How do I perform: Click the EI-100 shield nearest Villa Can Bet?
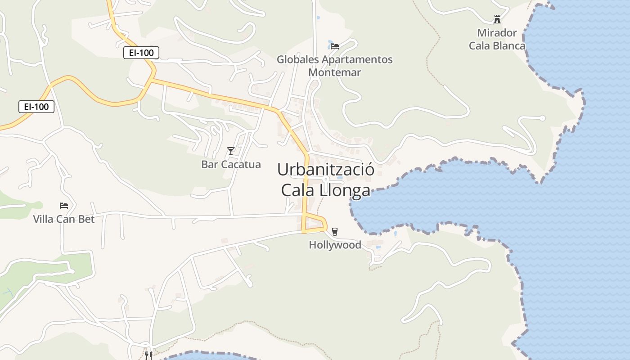[36, 107]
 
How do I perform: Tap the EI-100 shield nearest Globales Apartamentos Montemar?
[141, 53]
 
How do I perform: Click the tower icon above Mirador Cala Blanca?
[497, 19]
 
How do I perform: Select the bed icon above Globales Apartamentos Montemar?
[335, 46]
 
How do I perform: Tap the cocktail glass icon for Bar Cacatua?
[231, 151]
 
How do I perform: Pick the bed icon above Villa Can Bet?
[64, 206]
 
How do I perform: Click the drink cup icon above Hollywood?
[334, 232]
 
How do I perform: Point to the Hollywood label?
[335, 245]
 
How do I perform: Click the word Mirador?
[497, 33]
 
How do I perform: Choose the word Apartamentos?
[357, 59]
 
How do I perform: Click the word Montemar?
[335, 72]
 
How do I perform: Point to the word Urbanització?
[326, 170]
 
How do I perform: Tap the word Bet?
[87, 219]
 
